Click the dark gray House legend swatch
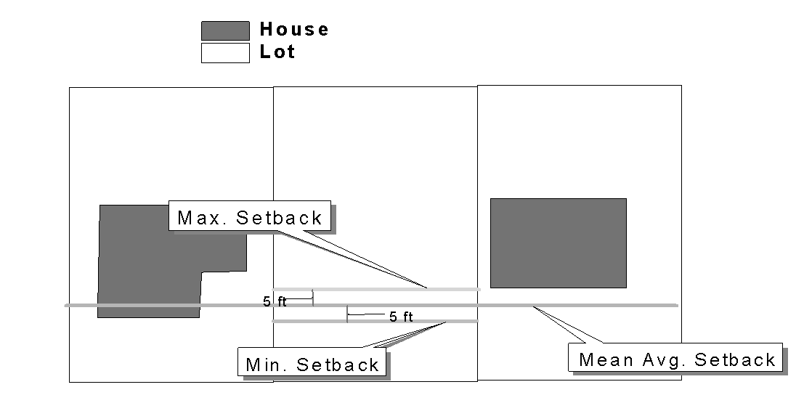[x=225, y=30]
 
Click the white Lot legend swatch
[x=225, y=53]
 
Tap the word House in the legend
[x=294, y=30]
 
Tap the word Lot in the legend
[x=278, y=52]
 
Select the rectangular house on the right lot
[x=558, y=243]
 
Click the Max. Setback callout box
[x=250, y=216]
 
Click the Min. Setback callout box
[x=312, y=363]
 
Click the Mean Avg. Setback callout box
[x=675, y=358]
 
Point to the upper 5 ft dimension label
[x=275, y=302]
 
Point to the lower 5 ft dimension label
[x=401, y=317]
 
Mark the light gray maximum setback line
[x=378, y=289]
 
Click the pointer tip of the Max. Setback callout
[x=427, y=288]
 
